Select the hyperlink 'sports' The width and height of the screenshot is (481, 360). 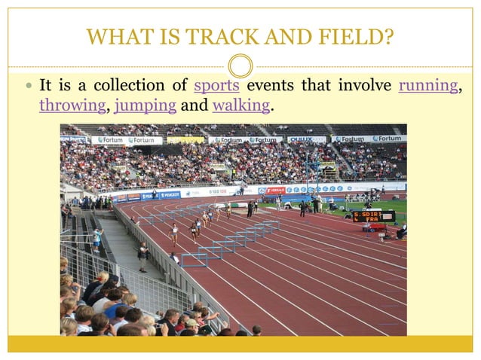pyautogui.click(x=217, y=86)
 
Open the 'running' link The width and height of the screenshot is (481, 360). pyautogui.click(x=427, y=86)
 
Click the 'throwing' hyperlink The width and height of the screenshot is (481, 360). pyautogui.click(x=72, y=106)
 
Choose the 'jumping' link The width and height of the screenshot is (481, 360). pyautogui.click(x=146, y=106)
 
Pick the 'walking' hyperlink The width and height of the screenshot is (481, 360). pyautogui.click(x=241, y=106)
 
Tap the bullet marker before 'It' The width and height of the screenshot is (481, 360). pyautogui.click(x=27, y=87)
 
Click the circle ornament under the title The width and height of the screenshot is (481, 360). pyautogui.click(x=240, y=66)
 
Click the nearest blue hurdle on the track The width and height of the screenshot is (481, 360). pyautogui.click(x=193, y=259)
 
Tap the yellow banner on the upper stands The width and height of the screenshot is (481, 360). pyautogui.click(x=185, y=139)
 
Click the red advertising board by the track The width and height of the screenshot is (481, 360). pyautogui.click(x=274, y=191)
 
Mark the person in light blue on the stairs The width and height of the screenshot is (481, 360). pyautogui.click(x=96, y=239)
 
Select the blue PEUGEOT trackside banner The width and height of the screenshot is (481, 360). pyautogui.click(x=170, y=194)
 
